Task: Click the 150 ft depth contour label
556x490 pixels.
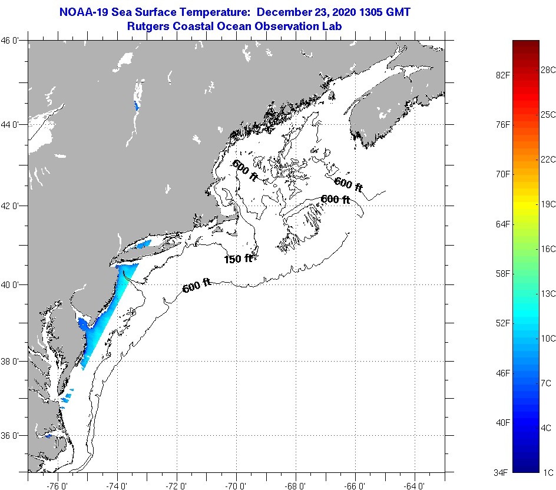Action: point(238,259)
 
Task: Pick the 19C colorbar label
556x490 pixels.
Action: point(548,204)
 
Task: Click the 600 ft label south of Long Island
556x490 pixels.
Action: point(197,287)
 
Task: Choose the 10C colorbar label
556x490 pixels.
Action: point(548,338)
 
